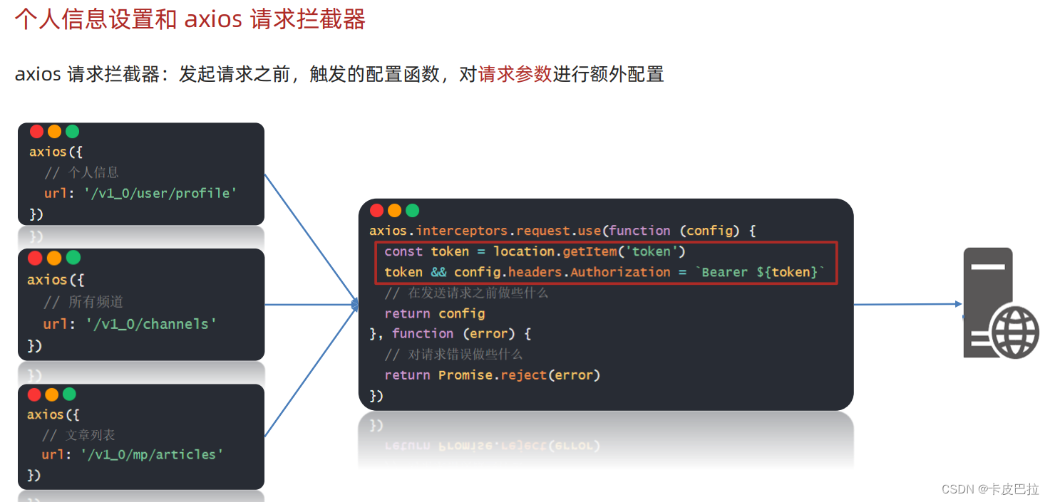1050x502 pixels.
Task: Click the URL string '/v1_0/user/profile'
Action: pyautogui.click(x=161, y=193)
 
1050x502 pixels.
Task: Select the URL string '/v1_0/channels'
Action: pyautogui.click(x=150, y=324)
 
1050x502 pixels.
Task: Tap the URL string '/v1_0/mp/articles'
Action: pyautogui.click(x=152, y=454)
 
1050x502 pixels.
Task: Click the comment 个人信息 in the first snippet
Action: pyautogui.click(x=93, y=172)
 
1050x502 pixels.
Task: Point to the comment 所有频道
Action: pyautogui.click(x=96, y=302)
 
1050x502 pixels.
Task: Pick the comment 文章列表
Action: pyautogui.click(x=90, y=434)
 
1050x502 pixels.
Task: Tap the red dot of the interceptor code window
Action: pyautogui.click(x=376, y=211)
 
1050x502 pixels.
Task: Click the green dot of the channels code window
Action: pyautogui.click(x=73, y=257)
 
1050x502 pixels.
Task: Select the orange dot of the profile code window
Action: pyautogui.click(x=55, y=132)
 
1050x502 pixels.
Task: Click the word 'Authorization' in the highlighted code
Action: pyautogui.click(x=620, y=272)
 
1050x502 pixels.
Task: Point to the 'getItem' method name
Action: pyautogui.click(x=588, y=251)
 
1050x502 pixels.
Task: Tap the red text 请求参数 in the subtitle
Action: pyautogui.click(x=515, y=74)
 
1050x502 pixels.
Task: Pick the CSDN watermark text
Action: pyautogui.click(x=989, y=489)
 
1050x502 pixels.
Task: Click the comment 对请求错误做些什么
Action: pyautogui.click(x=465, y=354)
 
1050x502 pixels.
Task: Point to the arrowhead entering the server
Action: pyautogui.click(x=958, y=304)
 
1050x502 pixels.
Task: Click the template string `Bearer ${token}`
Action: pyautogui.click(x=760, y=272)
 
